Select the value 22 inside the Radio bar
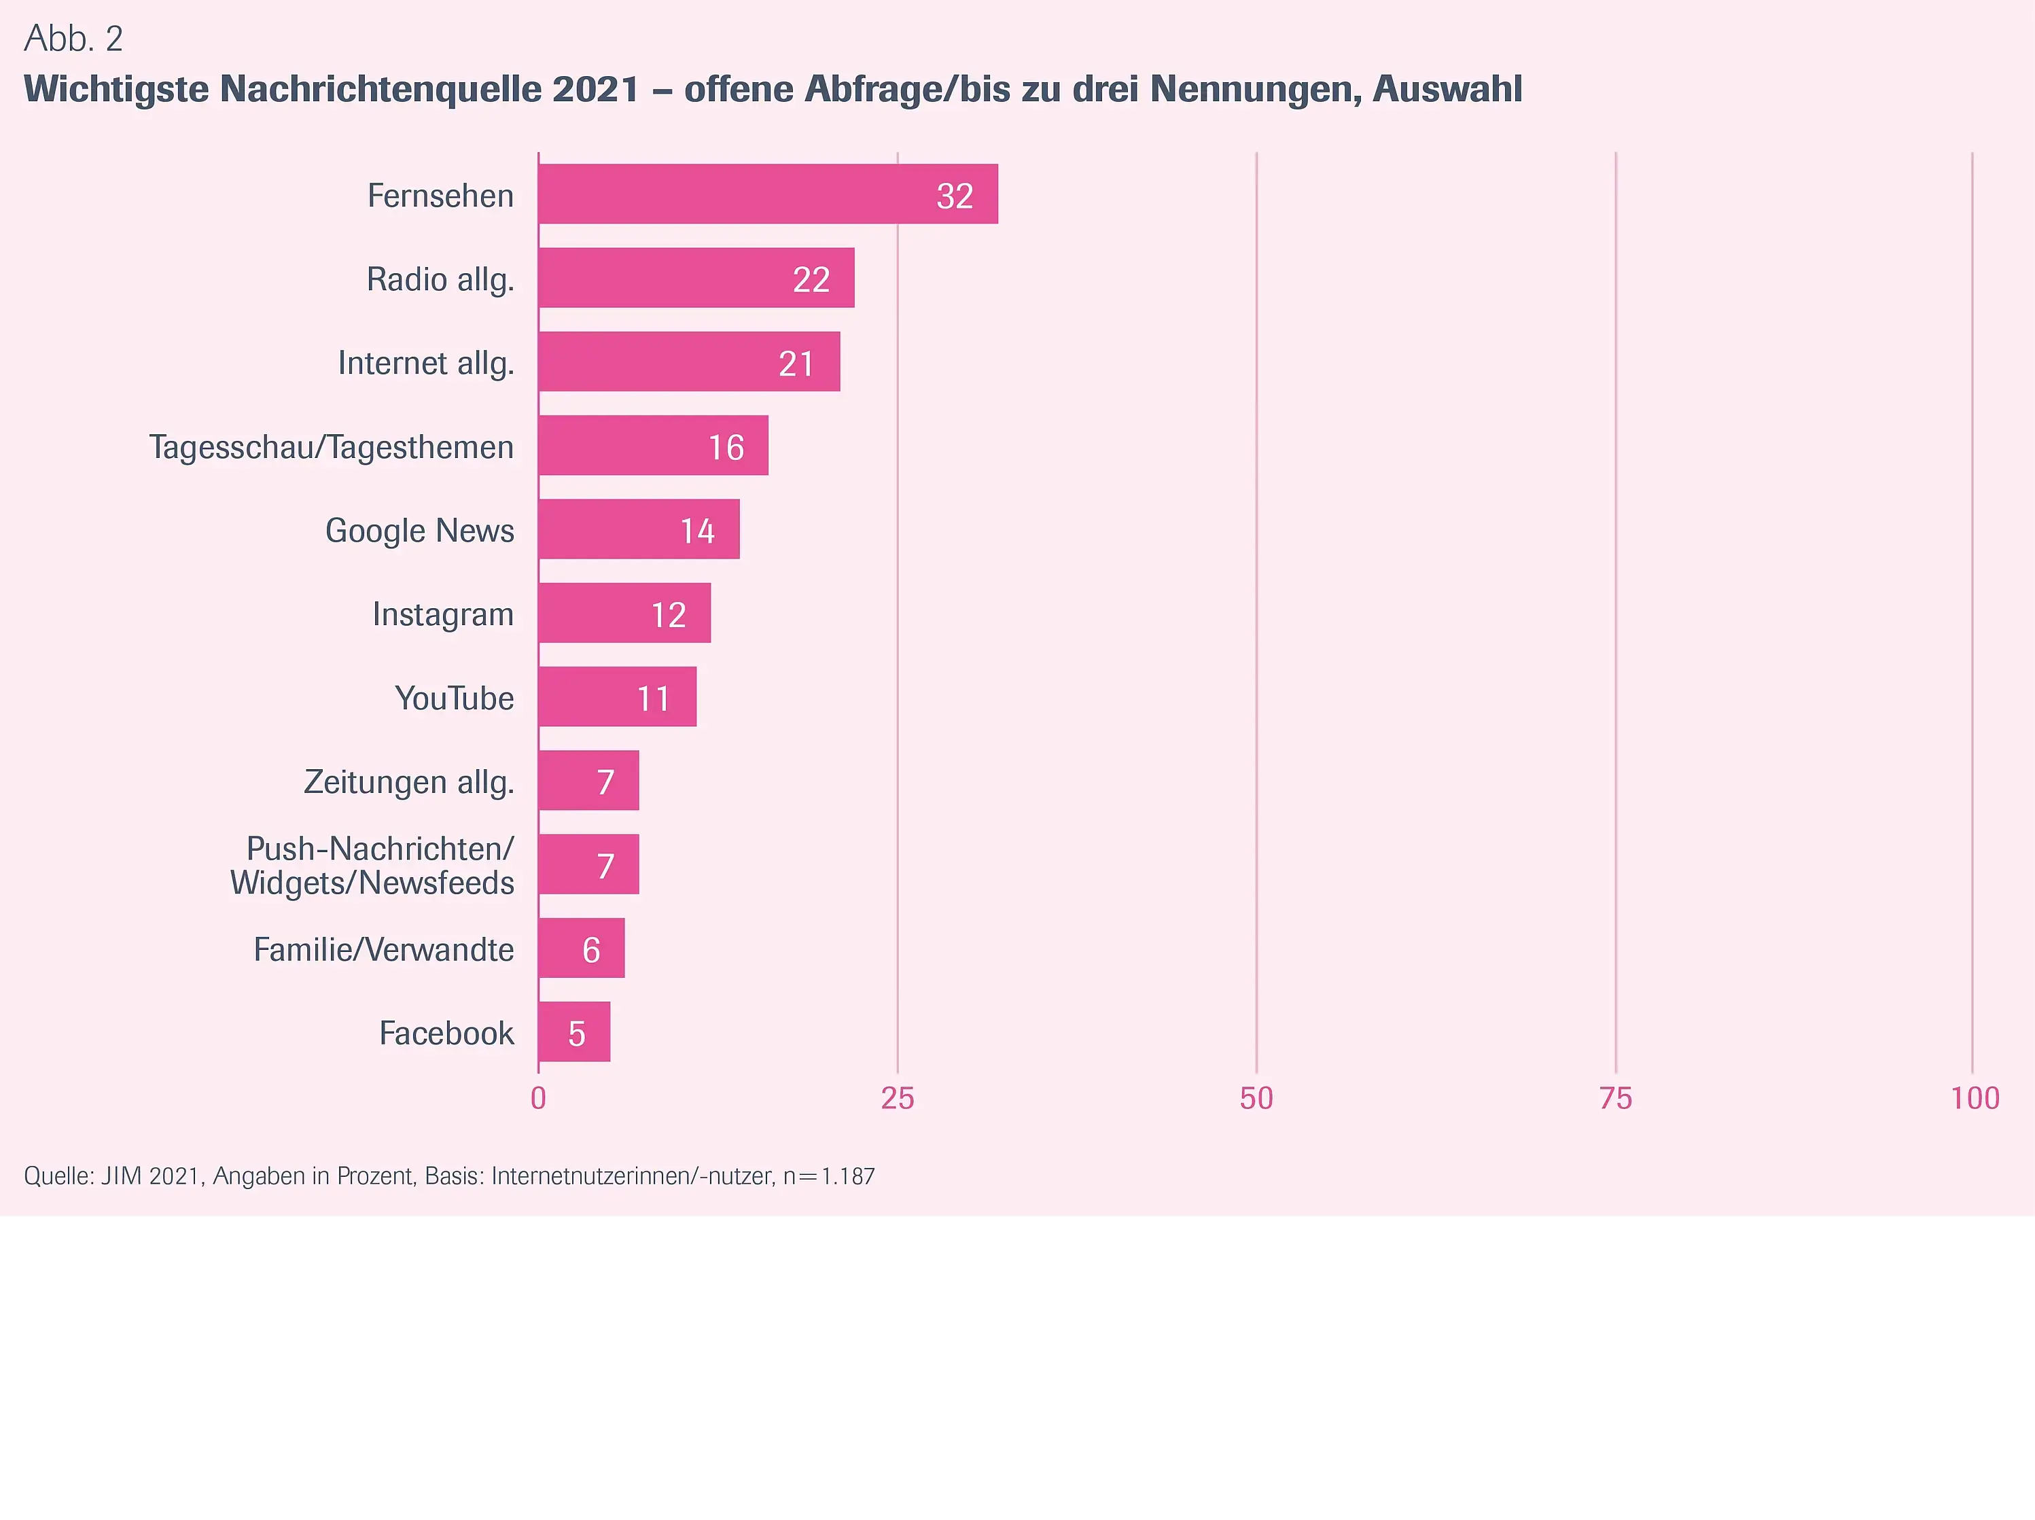pos(811,279)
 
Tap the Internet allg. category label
pos(425,364)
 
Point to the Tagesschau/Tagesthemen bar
pos(653,446)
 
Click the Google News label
pos(419,531)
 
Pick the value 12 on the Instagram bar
pos(668,615)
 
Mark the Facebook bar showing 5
pos(574,1032)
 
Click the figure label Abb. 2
pos(73,39)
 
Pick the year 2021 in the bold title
pos(595,89)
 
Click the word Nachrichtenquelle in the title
pos(381,89)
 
